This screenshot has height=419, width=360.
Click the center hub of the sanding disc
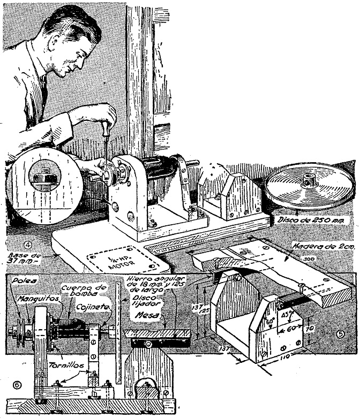310,182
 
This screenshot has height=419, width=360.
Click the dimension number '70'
316,329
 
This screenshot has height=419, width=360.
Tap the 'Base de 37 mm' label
24,258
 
